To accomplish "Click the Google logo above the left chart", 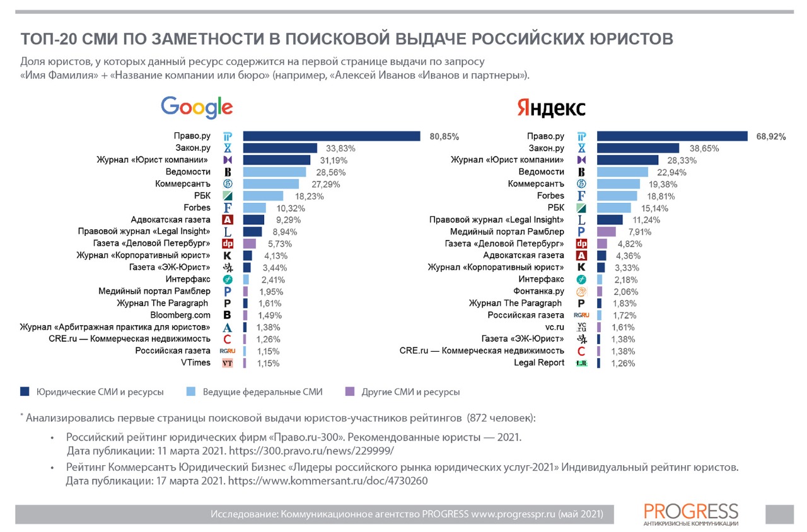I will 197,107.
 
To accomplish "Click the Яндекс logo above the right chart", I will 551,108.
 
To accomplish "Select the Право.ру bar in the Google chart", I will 332,136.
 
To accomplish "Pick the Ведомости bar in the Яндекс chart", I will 622,172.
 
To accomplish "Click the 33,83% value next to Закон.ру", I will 340,149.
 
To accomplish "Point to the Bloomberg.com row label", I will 180,315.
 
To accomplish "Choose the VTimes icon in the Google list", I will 228,363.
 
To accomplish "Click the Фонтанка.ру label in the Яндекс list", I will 538,291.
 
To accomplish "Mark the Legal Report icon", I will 581,363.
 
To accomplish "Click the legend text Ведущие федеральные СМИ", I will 262,392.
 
